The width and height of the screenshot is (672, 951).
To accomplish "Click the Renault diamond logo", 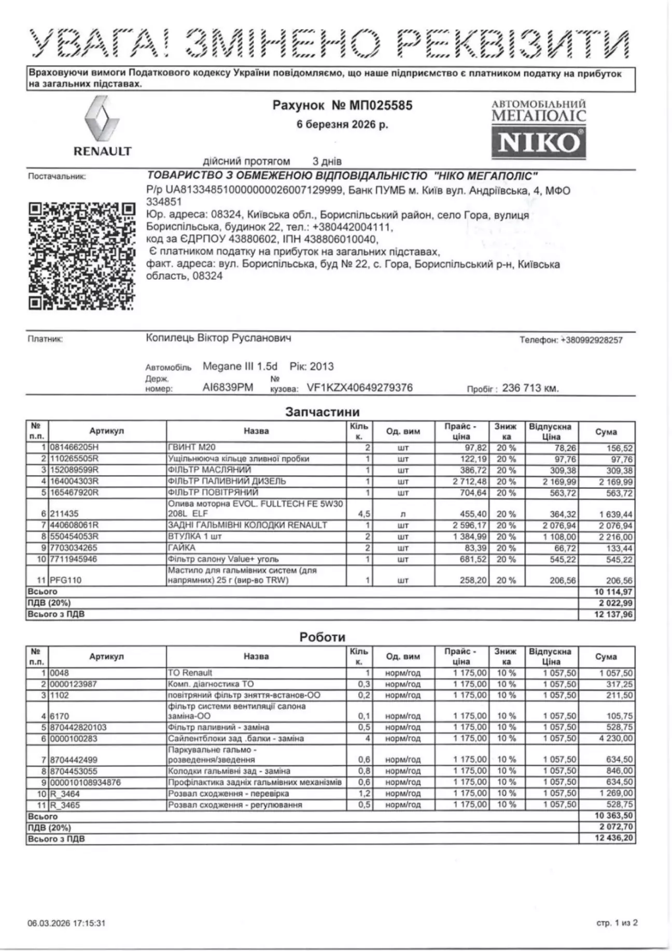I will pyautogui.click(x=102, y=119).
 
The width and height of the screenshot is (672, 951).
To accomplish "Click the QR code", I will pyautogui.click(x=81, y=257).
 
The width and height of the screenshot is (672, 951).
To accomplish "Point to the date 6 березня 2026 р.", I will pyautogui.click(x=342, y=125).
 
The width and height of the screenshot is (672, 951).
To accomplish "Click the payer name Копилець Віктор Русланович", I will pyautogui.click(x=218, y=338).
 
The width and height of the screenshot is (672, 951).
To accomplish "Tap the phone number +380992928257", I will pyautogui.click(x=592, y=340).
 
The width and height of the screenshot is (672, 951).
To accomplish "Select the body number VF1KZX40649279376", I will pyautogui.click(x=360, y=388).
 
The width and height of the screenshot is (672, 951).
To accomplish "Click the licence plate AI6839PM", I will pyautogui.click(x=228, y=388).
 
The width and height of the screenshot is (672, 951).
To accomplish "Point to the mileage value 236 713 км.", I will pyautogui.click(x=530, y=388).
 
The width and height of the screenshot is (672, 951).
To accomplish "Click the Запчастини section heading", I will pyautogui.click(x=322, y=412).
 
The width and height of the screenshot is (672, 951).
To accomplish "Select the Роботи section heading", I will pyautogui.click(x=322, y=637).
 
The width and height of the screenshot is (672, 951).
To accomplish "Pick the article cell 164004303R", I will pyautogui.click(x=74, y=481).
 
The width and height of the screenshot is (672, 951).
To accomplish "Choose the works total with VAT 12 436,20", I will pyautogui.click(x=614, y=839).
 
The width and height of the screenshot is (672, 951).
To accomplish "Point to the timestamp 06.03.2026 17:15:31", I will pyautogui.click(x=66, y=923).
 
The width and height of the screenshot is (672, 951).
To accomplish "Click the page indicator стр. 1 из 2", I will pyautogui.click(x=617, y=923).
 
